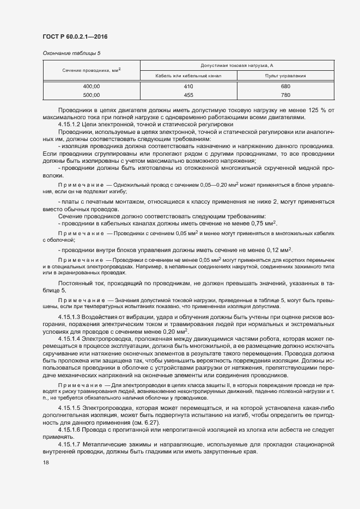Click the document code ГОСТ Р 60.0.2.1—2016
[x=74, y=36]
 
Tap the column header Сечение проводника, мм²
[x=91, y=70]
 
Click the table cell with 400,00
[x=91, y=87]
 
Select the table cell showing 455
[x=188, y=95]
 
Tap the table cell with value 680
[x=285, y=87]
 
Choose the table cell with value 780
[x=285, y=95]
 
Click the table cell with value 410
[x=188, y=87]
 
